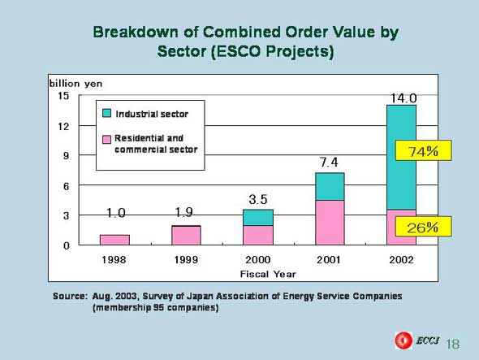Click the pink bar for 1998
point(114,240)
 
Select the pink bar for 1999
point(186,236)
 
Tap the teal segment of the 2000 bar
point(258,218)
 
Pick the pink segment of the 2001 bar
point(330,223)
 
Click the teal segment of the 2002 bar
point(401,157)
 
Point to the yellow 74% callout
point(424,150)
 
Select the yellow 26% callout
point(424,227)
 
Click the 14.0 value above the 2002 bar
point(403,98)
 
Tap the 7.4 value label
point(329,162)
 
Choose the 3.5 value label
point(258,199)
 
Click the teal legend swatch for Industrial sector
point(106,113)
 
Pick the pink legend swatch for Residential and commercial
point(106,140)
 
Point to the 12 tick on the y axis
point(63,126)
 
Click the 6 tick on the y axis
point(67,186)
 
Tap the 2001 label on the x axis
point(329,260)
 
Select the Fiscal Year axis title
point(268,274)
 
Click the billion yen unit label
point(76,84)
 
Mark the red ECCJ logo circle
point(403,340)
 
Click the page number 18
point(453,344)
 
